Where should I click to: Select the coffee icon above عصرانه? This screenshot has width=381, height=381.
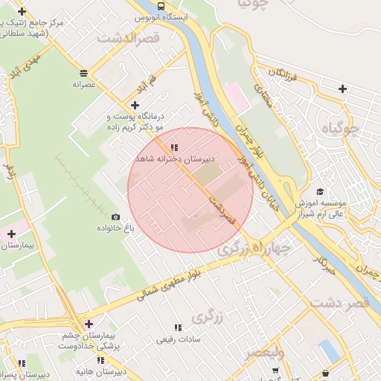[x=83, y=73]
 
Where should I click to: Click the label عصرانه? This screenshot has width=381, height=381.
[x=85, y=85]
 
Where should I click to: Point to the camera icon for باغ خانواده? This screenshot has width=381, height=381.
[x=115, y=217]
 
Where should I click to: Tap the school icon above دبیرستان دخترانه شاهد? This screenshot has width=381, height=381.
[x=174, y=147]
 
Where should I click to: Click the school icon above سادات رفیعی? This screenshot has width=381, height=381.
[x=177, y=327]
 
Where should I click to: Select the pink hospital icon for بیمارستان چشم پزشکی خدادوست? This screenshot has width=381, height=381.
[x=89, y=324]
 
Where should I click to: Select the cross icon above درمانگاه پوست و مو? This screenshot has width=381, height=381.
[x=135, y=106]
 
